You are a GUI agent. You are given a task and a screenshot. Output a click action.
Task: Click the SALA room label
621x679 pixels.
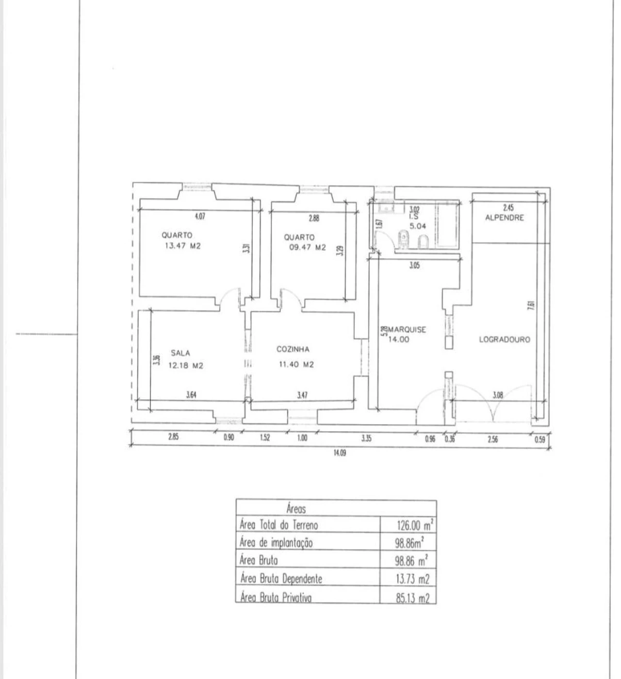pyautogui.click(x=180, y=353)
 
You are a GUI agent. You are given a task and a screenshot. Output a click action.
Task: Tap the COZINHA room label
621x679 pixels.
pyautogui.click(x=293, y=349)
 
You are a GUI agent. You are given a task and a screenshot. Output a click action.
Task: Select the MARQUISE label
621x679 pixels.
pyautogui.click(x=407, y=330)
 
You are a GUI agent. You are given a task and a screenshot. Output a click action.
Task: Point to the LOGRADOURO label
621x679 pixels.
pyautogui.click(x=505, y=339)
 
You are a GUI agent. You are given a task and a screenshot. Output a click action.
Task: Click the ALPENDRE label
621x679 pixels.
pyautogui.click(x=505, y=218)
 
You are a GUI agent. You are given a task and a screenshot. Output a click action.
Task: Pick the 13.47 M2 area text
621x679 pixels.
pyautogui.click(x=183, y=246)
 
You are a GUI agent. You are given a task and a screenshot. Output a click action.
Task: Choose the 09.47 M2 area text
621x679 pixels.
pyautogui.click(x=308, y=247)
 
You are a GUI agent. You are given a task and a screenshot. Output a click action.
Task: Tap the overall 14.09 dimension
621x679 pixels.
pyautogui.click(x=340, y=453)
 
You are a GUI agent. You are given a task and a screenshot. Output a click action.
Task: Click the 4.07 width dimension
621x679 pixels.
pyautogui.click(x=200, y=216)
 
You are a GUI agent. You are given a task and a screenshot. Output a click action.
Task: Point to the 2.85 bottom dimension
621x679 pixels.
pyautogui.click(x=173, y=436)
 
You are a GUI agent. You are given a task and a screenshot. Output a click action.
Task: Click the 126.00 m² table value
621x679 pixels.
pyautogui.click(x=415, y=525)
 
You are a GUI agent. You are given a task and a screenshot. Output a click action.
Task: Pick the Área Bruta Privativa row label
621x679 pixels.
pyautogui.click(x=276, y=598)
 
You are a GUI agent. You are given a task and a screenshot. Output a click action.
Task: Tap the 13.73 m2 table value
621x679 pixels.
pyautogui.click(x=413, y=579)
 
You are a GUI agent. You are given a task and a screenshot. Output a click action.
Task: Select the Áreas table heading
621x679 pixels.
pyautogui.click(x=296, y=509)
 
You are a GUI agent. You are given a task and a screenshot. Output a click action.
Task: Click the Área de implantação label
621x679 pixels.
pyautogui.click(x=276, y=543)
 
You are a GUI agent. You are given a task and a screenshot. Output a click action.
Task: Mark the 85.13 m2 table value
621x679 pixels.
pyautogui.click(x=413, y=598)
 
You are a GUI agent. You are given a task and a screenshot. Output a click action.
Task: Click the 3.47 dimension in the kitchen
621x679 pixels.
pyautogui.click(x=302, y=395)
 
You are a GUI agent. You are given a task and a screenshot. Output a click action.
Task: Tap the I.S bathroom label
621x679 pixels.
pyautogui.click(x=414, y=217)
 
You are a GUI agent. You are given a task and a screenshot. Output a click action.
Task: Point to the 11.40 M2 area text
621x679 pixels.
pyautogui.click(x=296, y=365)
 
